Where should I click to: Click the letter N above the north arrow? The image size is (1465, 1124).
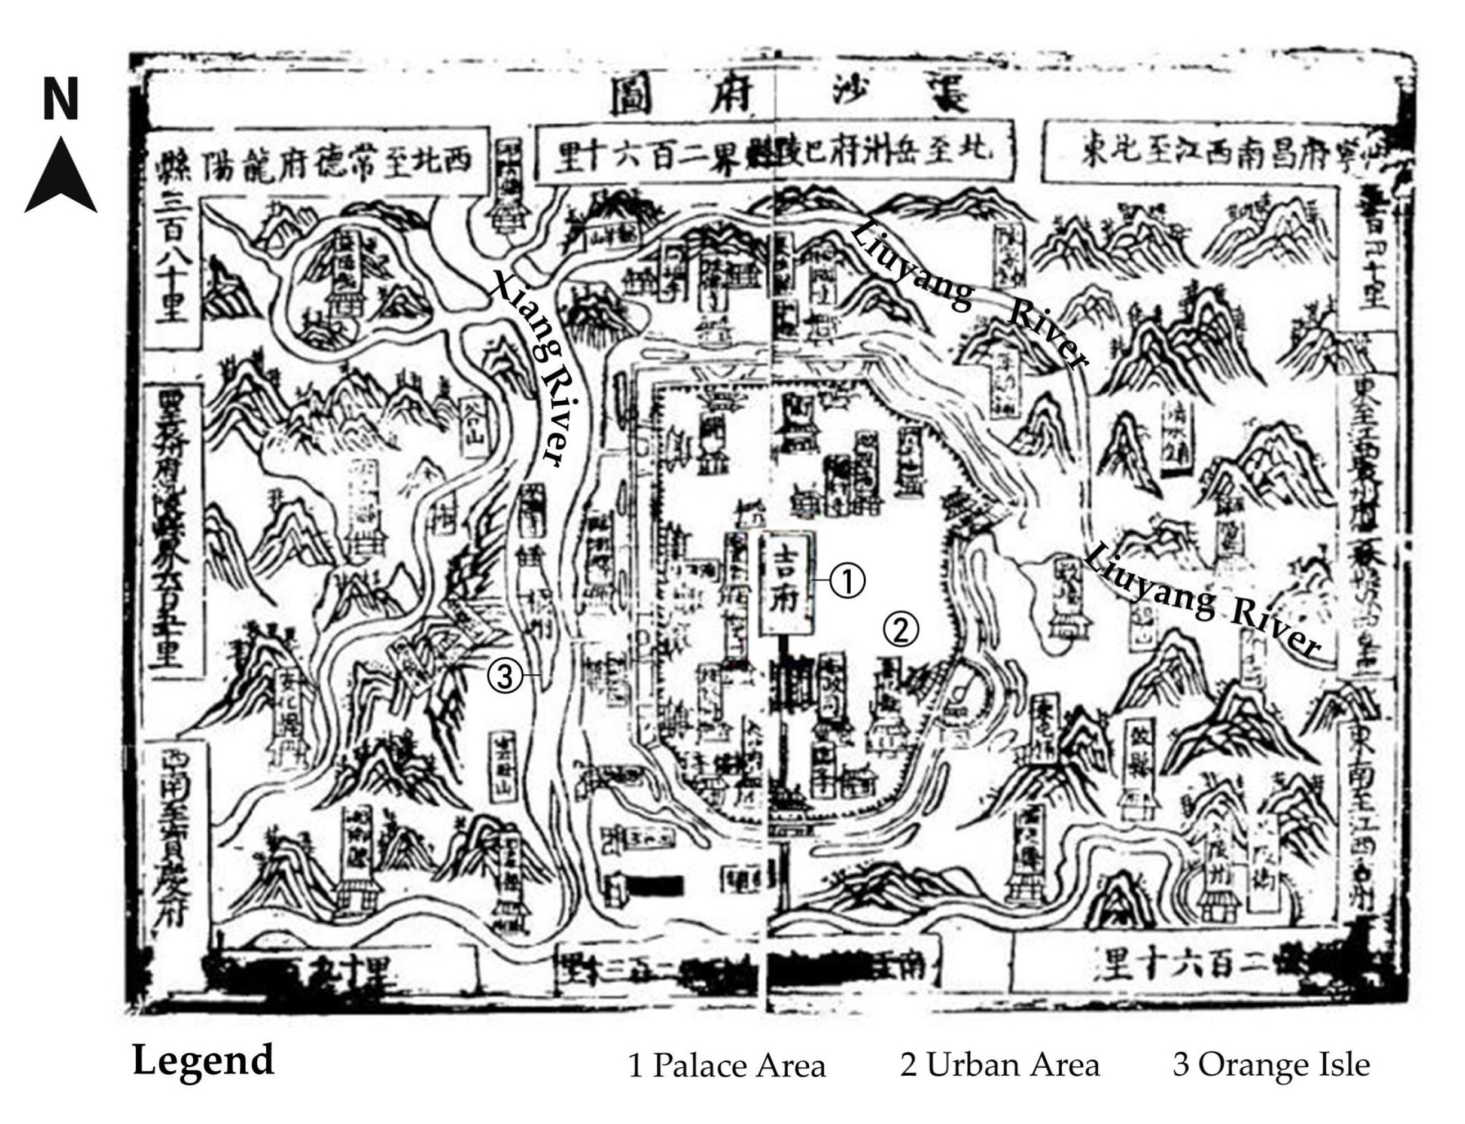click(61, 99)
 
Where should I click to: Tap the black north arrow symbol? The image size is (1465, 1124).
click(61, 177)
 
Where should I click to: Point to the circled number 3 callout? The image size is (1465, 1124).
click(504, 677)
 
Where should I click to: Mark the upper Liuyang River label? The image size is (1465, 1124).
click(963, 294)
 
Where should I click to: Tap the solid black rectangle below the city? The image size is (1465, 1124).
click(654, 886)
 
